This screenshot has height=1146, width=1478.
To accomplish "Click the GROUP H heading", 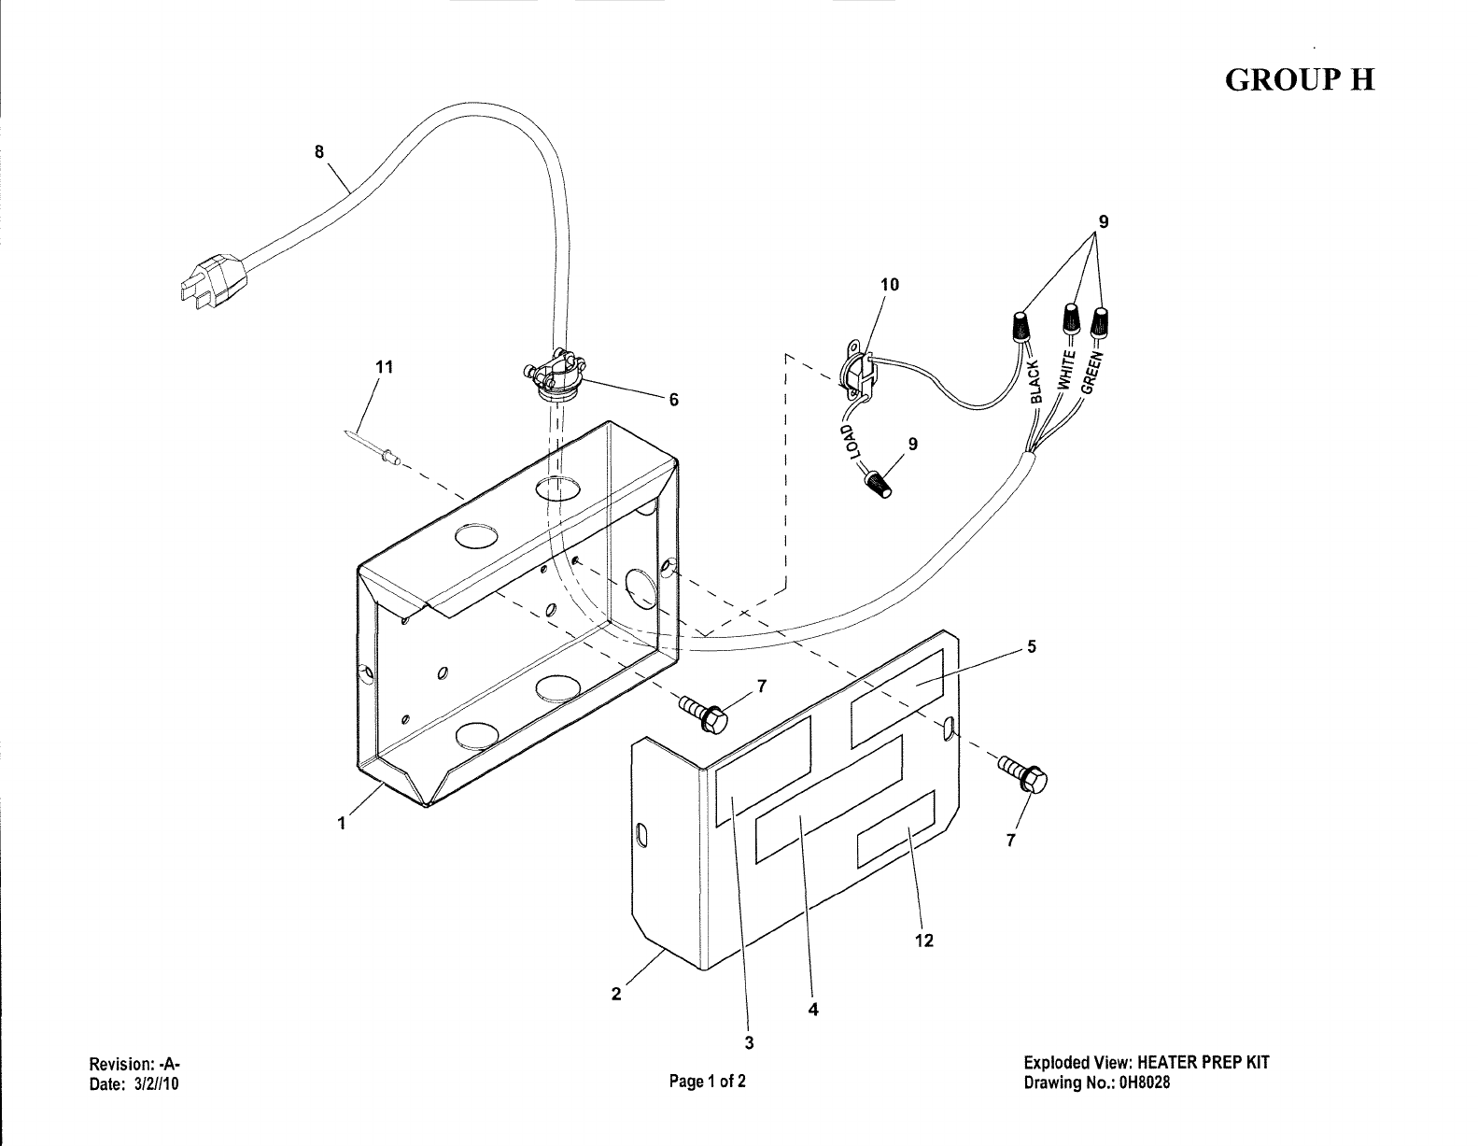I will (x=1300, y=80).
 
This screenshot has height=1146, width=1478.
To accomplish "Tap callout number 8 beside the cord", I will (x=319, y=152).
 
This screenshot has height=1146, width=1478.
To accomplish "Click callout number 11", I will (x=383, y=367).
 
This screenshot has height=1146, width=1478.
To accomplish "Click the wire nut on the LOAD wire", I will (x=879, y=486).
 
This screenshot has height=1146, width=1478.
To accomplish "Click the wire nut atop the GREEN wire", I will (x=1102, y=320).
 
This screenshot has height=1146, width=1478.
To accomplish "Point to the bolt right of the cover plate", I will (x=1027, y=775).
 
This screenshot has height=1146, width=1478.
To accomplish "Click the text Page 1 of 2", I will (x=707, y=1082).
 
